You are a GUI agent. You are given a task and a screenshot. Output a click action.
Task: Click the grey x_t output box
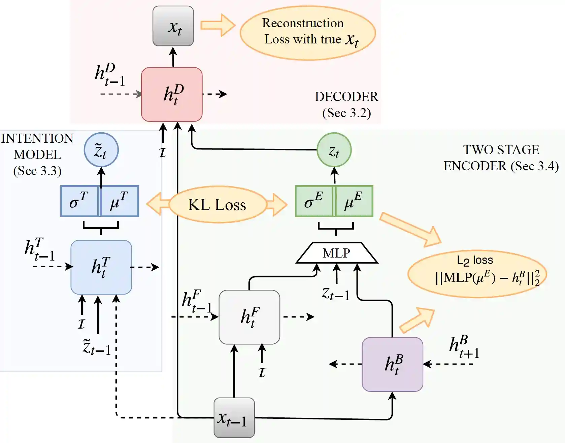click(x=173, y=26)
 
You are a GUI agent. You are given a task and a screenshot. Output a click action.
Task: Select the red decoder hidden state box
click(x=172, y=94)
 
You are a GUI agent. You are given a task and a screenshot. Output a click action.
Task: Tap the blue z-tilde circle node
click(x=101, y=150)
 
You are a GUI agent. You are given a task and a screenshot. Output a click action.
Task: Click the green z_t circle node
click(x=334, y=150)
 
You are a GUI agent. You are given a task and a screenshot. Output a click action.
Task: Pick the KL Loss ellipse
click(x=217, y=205)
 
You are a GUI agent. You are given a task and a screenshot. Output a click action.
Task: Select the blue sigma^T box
click(x=79, y=201)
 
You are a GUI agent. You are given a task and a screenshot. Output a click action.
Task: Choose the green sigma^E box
click(x=314, y=201)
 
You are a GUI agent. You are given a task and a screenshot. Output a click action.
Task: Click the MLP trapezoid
click(x=336, y=253)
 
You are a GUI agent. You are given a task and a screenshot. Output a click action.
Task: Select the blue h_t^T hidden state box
click(x=101, y=267)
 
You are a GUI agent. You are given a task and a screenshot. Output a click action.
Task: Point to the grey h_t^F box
click(x=249, y=317)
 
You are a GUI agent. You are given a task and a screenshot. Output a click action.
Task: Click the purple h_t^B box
click(x=392, y=364)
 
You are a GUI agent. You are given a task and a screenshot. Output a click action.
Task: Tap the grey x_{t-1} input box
click(x=234, y=418)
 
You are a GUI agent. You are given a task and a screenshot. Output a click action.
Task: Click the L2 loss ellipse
click(x=477, y=273)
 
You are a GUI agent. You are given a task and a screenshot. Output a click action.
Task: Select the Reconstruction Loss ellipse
click(x=307, y=32)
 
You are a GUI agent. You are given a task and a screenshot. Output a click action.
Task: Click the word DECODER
click(x=346, y=97)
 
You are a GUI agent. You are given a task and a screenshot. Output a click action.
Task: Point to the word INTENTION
click(x=37, y=138)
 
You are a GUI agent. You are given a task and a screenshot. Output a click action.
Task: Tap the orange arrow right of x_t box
click(x=218, y=25)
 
